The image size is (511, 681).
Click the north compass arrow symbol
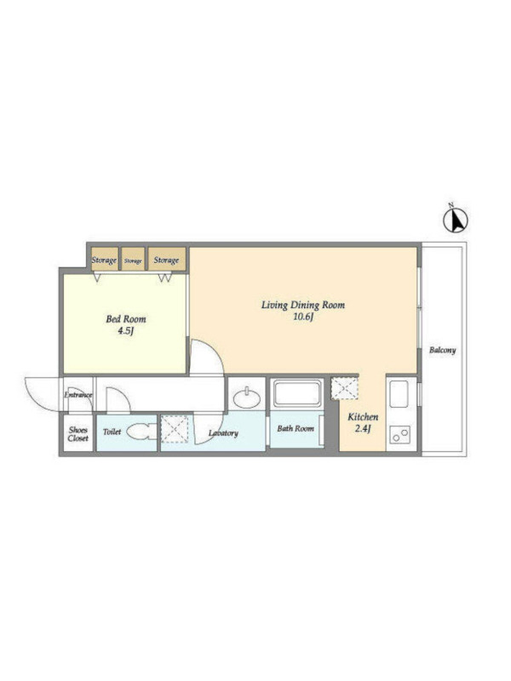pyautogui.click(x=455, y=220)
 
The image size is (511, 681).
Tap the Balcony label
pyautogui.click(x=442, y=350)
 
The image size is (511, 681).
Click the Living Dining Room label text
pyautogui.click(x=303, y=305)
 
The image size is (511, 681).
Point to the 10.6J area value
pyautogui.click(x=303, y=317)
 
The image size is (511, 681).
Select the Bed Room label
pyautogui.click(x=125, y=318)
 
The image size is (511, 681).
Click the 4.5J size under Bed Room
pyautogui.click(x=125, y=331)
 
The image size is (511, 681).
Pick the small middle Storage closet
pyautogui.click(x=133, y=260)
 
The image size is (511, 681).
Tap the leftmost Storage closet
pyautogui.click(x=104, y=260)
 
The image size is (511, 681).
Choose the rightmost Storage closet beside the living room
pyautogui.click(x=167, y=260)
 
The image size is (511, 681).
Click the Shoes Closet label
pyautogui.click(x=78, y=434)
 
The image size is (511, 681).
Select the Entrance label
pyautogui.click(x=78, y=395)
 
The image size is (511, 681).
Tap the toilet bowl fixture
pyautogui.click(x=141, y=432)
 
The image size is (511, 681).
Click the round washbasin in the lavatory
pyautogui.click(x=247, y=398)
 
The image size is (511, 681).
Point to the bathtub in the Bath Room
pyautogui.click(x=297, y=393)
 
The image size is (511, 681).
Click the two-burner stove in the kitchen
pyautogui.click(x=399, y=434)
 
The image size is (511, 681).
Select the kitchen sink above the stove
pyautogui.click(x=399, y=394)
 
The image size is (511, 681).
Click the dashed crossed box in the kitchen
pyautogui.click(x=344, y=388)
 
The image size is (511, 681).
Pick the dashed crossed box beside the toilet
pyautogui.click(x=175, y=429)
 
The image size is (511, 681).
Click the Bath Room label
pyautogui.click(x=296, y=429)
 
